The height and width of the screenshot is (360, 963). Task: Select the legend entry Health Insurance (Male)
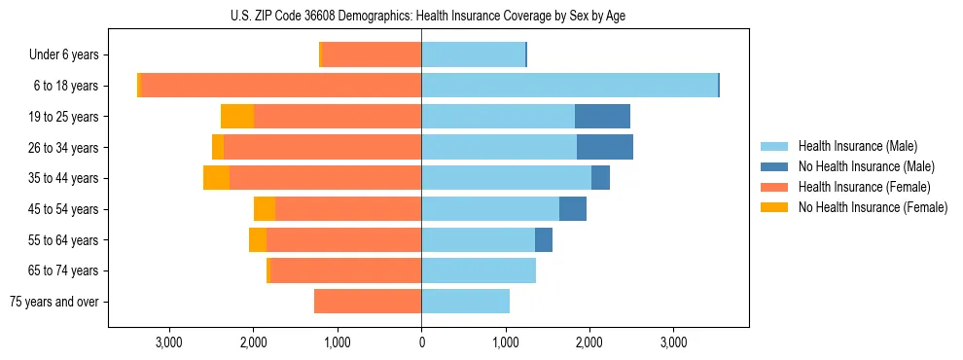(857, 146)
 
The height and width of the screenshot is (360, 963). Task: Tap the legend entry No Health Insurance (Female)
(873, 207)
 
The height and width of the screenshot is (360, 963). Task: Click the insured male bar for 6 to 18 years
(569, 86)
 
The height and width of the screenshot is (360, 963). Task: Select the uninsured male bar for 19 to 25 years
(602, 117)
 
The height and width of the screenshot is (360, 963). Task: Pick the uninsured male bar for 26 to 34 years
(605, 147)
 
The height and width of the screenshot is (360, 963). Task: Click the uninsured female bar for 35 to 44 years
(216, 178)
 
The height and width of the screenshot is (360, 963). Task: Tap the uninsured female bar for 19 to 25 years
(237, 117)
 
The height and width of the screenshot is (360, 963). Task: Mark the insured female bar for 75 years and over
(368, 302)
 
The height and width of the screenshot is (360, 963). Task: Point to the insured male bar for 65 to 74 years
(479, 270)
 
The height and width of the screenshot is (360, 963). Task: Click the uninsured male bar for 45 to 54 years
(573, 209)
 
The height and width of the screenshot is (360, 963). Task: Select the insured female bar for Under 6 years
(372, 55)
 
